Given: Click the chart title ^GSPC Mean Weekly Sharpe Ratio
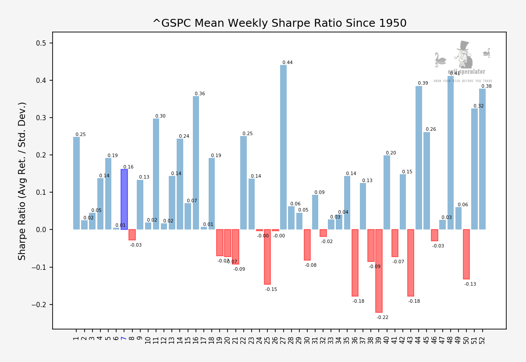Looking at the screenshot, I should pyautogui.click(x=279, y=23).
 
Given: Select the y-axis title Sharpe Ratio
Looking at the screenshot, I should pyautogui.click(x=22, y=181).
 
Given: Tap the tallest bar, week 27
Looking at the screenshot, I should pyautogui.click(x=283, y=147).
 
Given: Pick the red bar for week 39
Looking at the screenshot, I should pyautogui.click(x=379, y=271).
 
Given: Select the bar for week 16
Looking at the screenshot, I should pyautogui.click(x=196, y=163).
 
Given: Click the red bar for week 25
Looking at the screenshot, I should pyautogui.click(x=267, y=257).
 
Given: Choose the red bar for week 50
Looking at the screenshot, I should pyautogui.click(x=466, y=254).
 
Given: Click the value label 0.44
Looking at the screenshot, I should pyautogui.click(x=288, y=63).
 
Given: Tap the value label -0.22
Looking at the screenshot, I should pyautogui.click(x=382, y=318).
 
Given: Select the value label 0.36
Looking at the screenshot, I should pyautogui.click(x=200, y=94).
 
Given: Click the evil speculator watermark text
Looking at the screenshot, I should pyautogui.click(x=466, y=72).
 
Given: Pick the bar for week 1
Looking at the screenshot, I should pyautogui.click(x=76, y=183).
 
